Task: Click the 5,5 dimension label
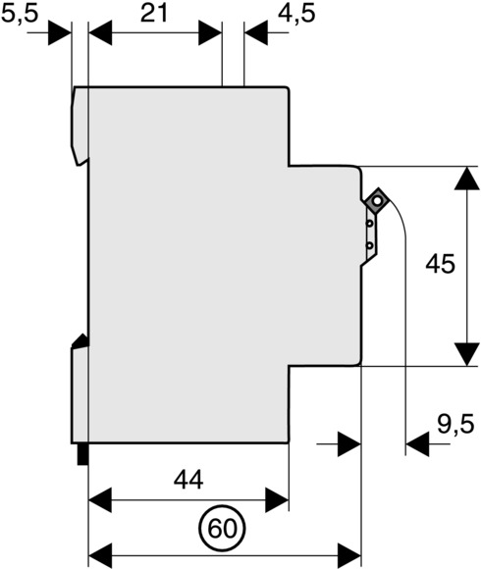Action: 20,15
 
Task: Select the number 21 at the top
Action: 154,14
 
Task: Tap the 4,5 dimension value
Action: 296,15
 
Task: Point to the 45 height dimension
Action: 440,264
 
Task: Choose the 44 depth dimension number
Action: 188,480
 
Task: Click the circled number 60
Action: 222,529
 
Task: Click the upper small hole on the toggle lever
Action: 369,224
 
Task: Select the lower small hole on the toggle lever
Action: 369,246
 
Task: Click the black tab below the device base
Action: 82,454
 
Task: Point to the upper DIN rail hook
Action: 80,126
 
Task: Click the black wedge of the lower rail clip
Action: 80,341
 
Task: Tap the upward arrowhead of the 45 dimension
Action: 466,179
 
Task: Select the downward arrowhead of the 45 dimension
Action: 466,354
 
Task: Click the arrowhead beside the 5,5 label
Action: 60,33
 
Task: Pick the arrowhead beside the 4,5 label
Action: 256,33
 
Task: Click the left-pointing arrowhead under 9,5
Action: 417,443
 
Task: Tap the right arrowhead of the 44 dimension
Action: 277,500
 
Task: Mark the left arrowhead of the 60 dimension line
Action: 100,555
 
